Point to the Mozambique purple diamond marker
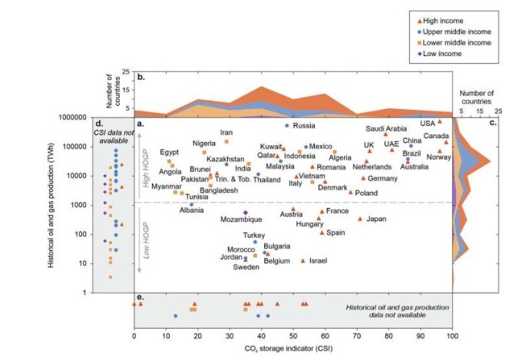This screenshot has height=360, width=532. [246, 213]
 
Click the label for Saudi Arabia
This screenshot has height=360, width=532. [385, 128]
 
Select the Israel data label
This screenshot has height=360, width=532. [319, 261]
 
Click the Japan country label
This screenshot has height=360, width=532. [376, 220]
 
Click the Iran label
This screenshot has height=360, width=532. [226, 133]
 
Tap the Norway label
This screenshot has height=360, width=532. [438, 157]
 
